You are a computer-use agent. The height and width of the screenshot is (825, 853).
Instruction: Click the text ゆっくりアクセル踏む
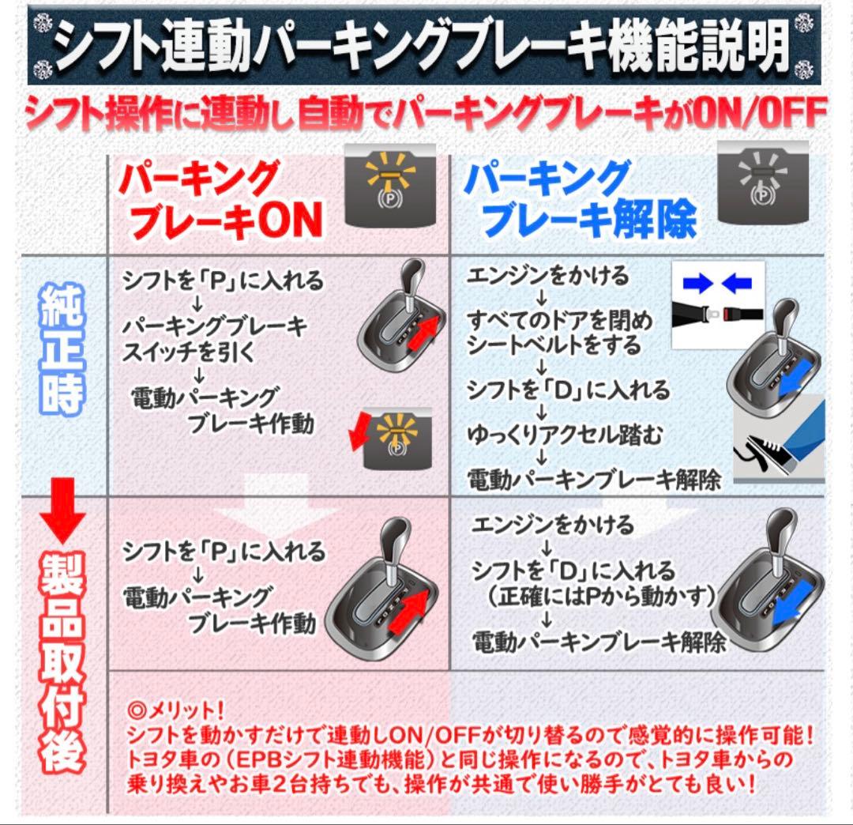click(564, 435)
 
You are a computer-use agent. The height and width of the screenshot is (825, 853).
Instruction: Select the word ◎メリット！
click(177, 707)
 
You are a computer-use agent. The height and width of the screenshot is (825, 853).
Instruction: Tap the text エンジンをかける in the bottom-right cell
click(554, 524)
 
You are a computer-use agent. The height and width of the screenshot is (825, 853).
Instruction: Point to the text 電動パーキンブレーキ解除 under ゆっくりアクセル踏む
click(594, 479)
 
